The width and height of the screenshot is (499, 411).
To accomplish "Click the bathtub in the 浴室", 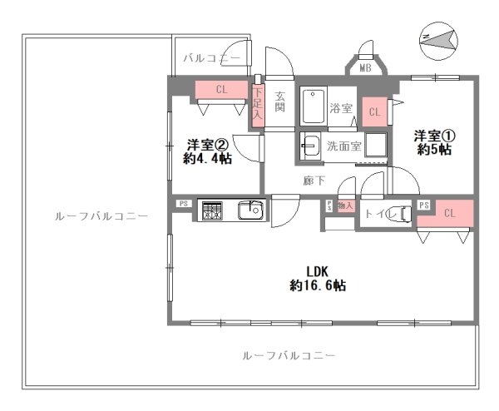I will [314, 107].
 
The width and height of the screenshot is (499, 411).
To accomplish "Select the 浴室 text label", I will [341, 108].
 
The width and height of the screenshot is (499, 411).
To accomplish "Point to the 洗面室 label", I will [343, 146].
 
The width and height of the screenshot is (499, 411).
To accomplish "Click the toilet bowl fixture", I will [400, 214].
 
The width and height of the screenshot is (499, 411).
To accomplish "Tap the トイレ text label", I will [376, 214].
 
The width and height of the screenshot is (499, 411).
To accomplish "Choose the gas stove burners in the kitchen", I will [211, 210].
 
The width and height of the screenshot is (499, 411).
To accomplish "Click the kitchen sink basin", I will [249, 210].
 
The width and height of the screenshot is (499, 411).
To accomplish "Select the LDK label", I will [319, 270].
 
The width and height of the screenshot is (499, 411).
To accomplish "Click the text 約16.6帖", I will [319, 285].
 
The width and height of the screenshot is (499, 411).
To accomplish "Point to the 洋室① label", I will [435, 136].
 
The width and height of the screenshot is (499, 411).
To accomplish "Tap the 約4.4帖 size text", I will [208, 159].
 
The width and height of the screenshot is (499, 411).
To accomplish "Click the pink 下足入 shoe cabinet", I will [257, 105].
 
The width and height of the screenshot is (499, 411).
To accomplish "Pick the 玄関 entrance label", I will [280, 102].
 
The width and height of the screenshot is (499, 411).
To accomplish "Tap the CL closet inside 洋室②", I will [220, 89].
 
